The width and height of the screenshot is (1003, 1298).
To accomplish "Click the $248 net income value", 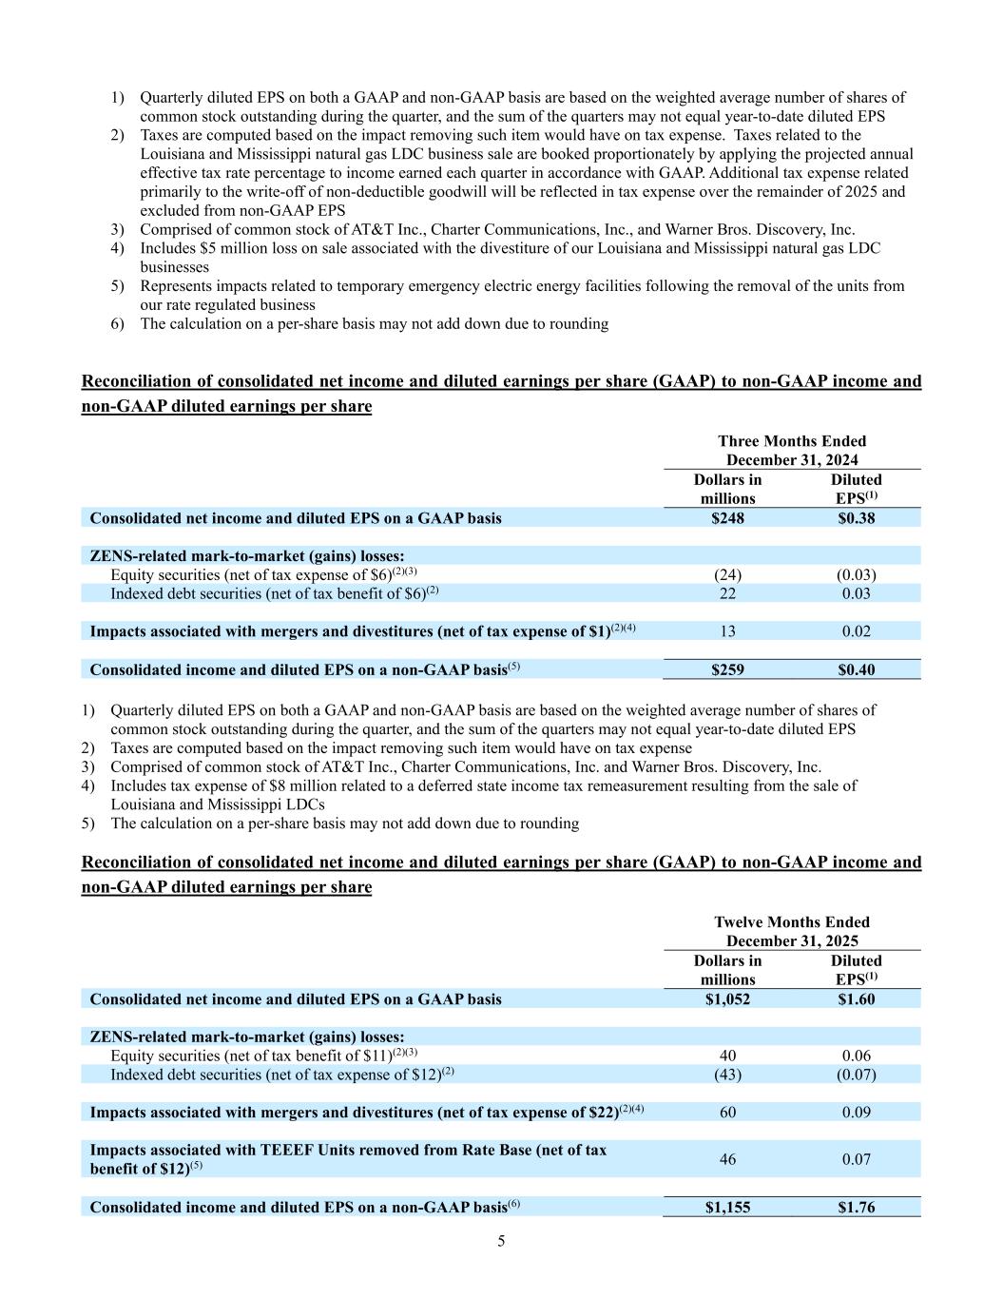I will pos(727,518).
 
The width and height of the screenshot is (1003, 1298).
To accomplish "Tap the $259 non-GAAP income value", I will pos(727,669).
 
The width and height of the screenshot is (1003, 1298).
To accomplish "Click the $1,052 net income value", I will pos(727,999).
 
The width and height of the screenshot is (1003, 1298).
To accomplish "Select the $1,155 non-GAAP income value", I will pos(727,1208).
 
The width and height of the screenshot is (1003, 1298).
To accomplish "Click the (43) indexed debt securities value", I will pos(727,1075).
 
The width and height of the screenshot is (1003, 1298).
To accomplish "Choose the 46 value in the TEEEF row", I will pos(727,1159).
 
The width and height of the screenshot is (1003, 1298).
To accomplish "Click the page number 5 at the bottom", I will pos(501,1241).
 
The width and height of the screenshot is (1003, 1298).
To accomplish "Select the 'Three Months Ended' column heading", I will pos(791,441).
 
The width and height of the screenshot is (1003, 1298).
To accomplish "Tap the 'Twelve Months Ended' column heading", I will pos(791,922).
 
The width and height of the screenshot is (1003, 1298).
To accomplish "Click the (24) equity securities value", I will pos(727,575).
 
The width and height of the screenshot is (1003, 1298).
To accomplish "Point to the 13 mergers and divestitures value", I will pos(727,631).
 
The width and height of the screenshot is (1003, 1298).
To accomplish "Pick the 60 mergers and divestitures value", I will pos(727,1113).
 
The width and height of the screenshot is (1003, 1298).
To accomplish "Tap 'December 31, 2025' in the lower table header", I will pos(791,941).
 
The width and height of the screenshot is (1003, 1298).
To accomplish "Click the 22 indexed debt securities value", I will pos(727,593).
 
